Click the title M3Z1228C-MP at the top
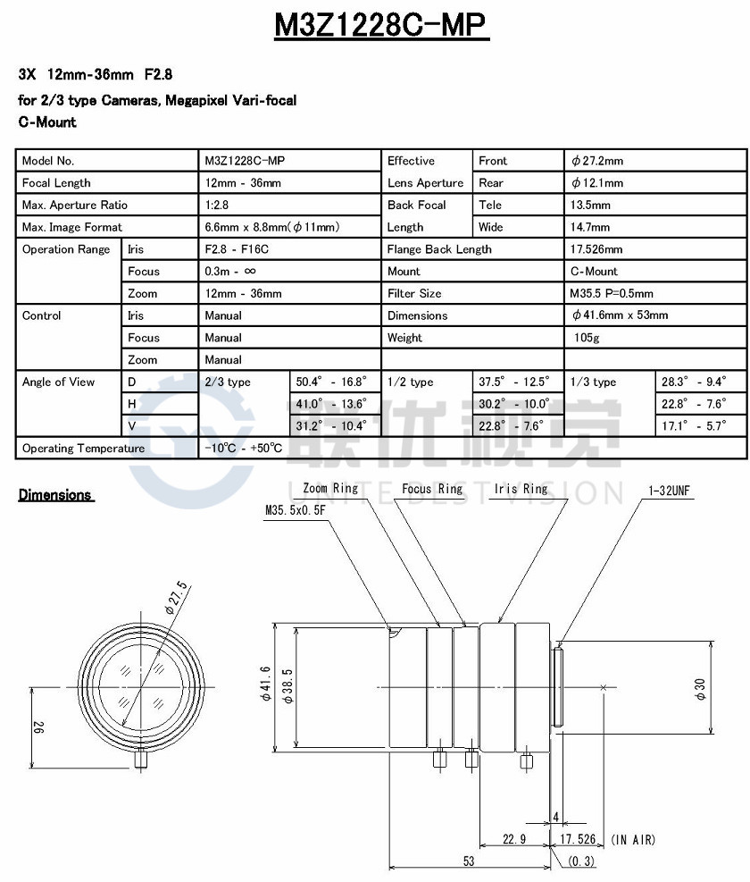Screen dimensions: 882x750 pos(381,25)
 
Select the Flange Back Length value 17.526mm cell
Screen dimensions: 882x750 pos(596,249)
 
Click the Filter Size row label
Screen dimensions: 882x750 pos(414,293)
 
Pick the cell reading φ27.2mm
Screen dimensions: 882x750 pos(597,161)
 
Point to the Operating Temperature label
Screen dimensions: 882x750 pos(83,448)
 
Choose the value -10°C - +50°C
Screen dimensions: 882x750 pos(243,448)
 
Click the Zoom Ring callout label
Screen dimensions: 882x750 pos(330,489)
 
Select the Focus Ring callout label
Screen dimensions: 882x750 pos(432,489)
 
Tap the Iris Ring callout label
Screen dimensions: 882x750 pos(521,489)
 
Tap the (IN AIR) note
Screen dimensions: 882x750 pos(637,839)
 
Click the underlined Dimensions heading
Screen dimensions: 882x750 pos(55,495)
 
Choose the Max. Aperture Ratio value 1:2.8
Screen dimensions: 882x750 pos(216,205)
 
